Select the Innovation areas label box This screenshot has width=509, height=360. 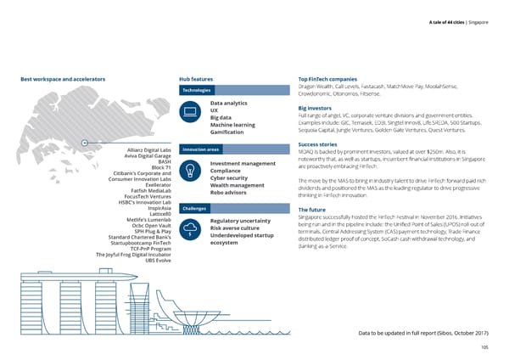coord(198,149)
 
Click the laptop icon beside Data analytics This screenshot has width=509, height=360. coord(191,111)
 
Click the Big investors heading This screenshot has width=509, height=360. coord(316,109)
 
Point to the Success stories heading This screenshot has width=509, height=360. coord(319,144)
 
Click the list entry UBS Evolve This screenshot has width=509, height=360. coord(158,259)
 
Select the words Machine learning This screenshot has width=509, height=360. coord(232,125)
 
